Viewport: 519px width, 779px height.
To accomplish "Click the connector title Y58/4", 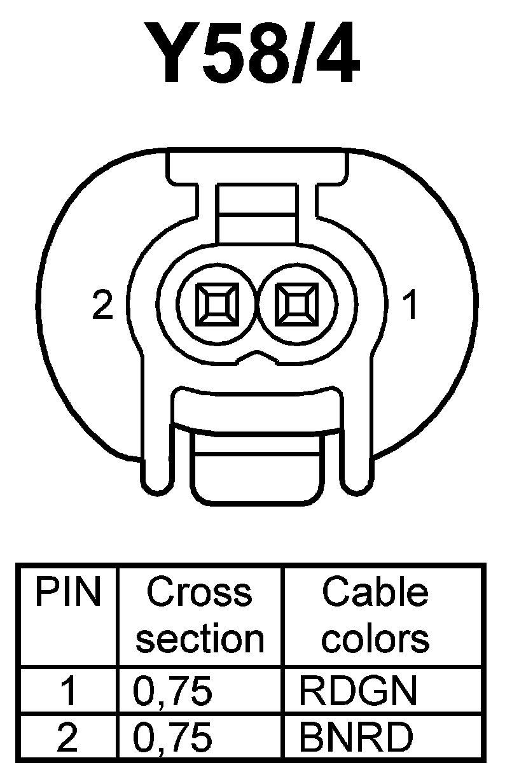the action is coord(260,55).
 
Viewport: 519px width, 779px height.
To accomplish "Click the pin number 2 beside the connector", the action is coord(102,305).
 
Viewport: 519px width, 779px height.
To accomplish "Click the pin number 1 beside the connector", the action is coord(412,305).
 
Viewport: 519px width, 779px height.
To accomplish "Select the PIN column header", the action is coord(68,593).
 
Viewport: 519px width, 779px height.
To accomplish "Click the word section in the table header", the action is coord(199,638).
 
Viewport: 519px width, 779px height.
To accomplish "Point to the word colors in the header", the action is coord(375,638).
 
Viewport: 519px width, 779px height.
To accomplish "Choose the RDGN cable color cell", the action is coord(358,691).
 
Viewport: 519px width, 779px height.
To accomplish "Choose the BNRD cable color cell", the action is coord(356,737).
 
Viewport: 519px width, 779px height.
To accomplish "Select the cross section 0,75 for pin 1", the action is coord(172,691).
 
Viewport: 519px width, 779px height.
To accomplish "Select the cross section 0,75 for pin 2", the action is coord(172,737).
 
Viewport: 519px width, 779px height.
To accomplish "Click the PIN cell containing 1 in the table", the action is coord(68,691).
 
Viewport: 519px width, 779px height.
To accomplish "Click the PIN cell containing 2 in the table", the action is coord(68,737).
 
